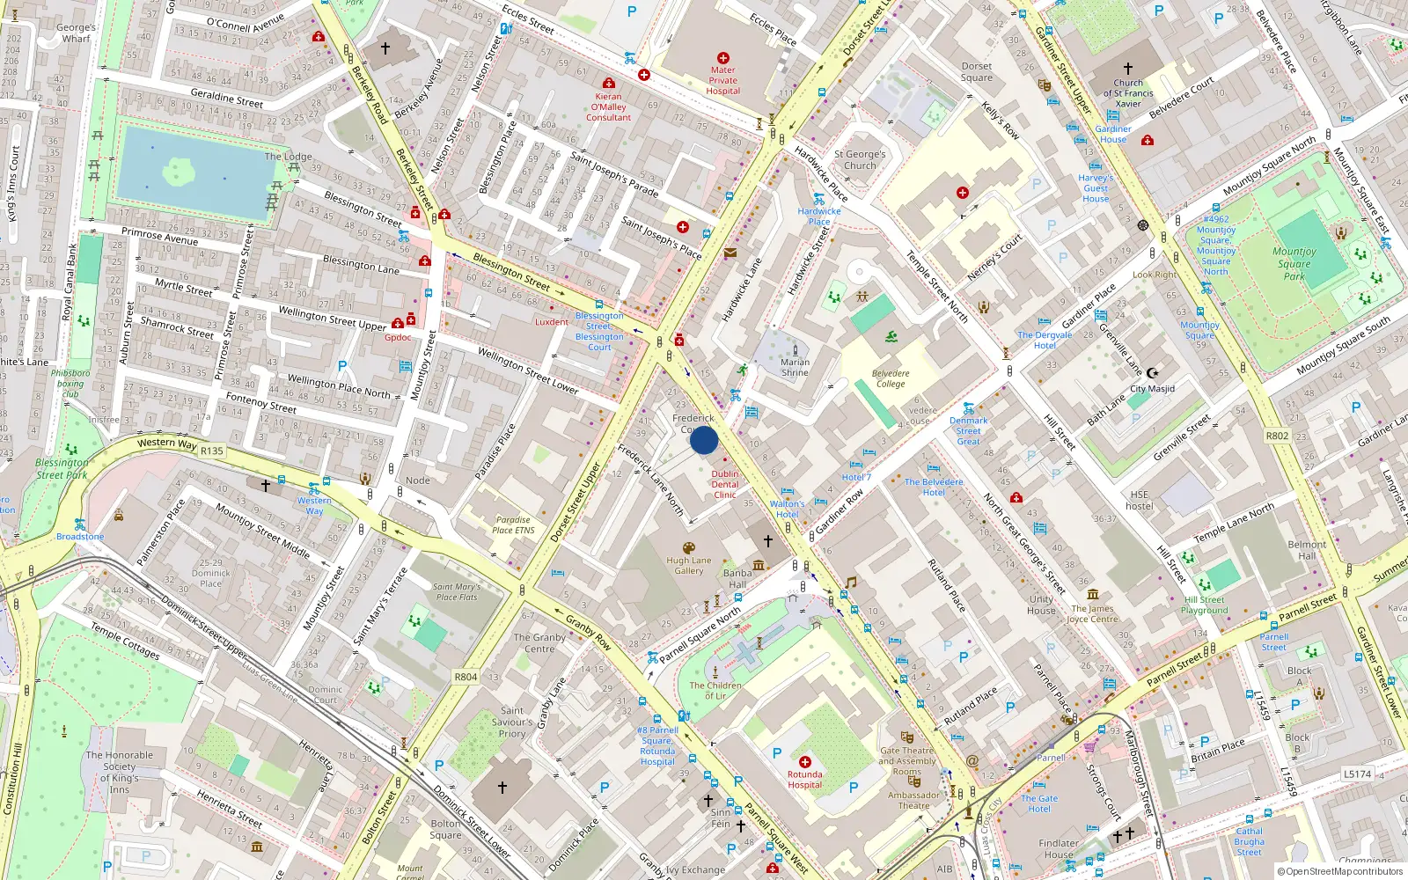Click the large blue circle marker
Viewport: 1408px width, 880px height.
(704, 440)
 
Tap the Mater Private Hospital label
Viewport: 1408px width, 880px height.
(722, 80)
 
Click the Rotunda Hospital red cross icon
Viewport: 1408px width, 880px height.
(804, 762)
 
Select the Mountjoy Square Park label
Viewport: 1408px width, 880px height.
(1294, 263)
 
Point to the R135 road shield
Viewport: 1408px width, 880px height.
(212, 451)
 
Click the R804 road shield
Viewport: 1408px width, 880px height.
(466, 677)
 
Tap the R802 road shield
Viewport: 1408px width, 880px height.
(1277, 436)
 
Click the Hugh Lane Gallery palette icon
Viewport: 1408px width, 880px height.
(689, 548)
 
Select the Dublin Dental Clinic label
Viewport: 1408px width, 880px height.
(725, 484)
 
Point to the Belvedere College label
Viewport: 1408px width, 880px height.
(891, 378)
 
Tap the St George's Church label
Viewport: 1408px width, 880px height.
(860, 159)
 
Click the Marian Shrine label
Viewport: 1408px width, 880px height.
(795, 367)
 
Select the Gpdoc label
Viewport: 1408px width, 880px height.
(398, 337)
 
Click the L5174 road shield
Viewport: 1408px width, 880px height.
(1357, 774)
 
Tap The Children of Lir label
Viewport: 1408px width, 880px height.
(715, 691)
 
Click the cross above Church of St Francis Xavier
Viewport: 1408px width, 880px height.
(1128, 68)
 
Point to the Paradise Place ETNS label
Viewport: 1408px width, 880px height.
(513, 524)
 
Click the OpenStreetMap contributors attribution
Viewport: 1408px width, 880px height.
(1339, 872)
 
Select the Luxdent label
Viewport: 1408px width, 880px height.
(552, 322)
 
